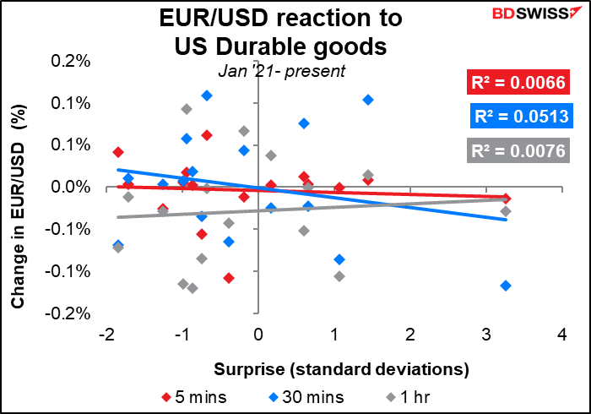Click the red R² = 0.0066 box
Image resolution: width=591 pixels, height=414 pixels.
coord(517,82)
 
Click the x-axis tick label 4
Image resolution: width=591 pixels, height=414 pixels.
coord(562,335)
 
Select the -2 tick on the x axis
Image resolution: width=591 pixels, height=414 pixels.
coord(106,335)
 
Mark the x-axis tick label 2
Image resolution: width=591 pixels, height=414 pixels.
coord(410,335)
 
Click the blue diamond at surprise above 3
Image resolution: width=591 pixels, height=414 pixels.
coord(506,286)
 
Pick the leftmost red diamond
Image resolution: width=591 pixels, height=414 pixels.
coord(118,152)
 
